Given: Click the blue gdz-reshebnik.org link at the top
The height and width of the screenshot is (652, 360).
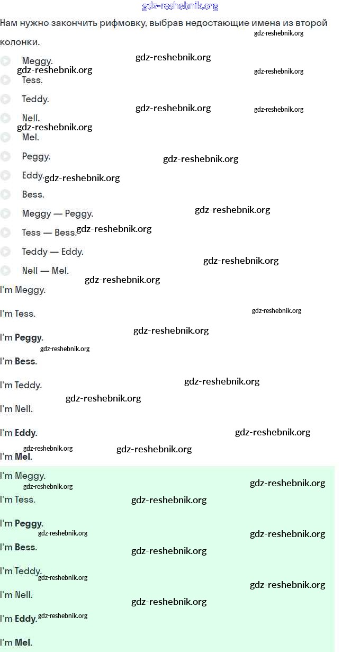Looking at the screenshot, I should click(x=180, y=6).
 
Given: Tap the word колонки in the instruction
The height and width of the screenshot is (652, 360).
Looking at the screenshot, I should click(x=19, y=42).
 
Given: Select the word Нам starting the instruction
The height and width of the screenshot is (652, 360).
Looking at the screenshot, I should click(x=8, y=23).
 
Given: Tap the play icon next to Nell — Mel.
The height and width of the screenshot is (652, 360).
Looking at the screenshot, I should click(x=5, y=271).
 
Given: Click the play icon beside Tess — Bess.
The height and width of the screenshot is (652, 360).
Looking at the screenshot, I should click(x=5, y=233).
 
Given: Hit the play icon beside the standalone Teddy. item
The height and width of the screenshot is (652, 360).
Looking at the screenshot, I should click(x=5, y=99).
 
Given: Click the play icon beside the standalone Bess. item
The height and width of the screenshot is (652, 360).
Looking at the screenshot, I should click(x=5, y=194).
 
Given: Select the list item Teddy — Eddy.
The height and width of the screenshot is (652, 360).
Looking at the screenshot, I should click(x=52, y=252).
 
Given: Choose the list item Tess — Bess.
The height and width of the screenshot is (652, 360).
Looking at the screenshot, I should click(x=49, y=233).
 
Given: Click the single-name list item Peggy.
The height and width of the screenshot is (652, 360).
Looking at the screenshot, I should click(x=36, y=156).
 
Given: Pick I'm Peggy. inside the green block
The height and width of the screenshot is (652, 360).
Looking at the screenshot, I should click(x=22, y=523).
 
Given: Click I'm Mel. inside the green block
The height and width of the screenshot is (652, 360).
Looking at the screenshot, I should click(x=16, y=642).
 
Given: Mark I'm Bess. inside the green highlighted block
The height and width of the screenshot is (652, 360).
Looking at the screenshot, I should click(x=19, y=547).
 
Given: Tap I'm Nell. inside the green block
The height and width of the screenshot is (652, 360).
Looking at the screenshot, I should click(x=16, y=595).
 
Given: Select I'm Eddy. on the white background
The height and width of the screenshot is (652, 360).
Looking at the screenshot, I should click(x=19, y=433).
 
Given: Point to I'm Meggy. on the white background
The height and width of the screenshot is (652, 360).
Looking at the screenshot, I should click(x=23, y=290).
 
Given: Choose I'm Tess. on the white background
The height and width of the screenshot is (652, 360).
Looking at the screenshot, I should click(x=17, y=314).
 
